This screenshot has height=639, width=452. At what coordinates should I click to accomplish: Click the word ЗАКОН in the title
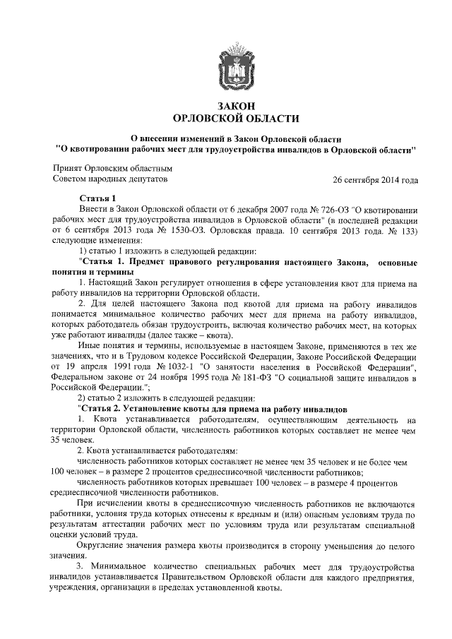click(x=236, y=105)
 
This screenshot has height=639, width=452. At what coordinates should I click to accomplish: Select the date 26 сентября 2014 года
click(x=376, y=181)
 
